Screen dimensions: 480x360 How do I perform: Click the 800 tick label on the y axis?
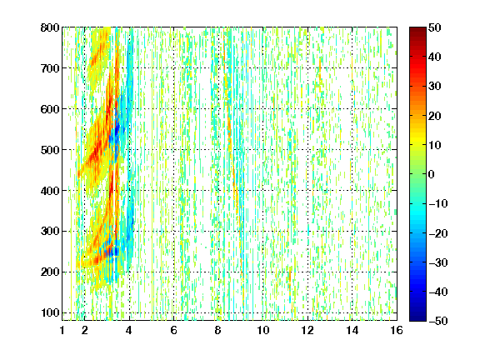[x=50, y=27]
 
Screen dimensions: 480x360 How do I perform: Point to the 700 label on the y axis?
[x=50, y=68]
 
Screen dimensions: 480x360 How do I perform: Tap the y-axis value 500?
[x=50, y=150]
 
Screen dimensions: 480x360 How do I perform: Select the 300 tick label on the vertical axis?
[x=50, y=232]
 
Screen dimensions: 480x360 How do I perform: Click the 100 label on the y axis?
[x=50, y=312]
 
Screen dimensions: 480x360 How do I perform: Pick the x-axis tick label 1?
[x=62, y=330]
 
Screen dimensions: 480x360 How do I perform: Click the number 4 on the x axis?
[x=129, y=330]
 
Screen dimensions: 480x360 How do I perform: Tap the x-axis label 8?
[x=218, y=330]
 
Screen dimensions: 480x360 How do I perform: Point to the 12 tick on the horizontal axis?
[x=307, y=330]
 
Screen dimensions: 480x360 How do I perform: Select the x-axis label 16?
[x=397, y=330]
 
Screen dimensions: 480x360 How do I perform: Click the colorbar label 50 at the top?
[x=434, y=27]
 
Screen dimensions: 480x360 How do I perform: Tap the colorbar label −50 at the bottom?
[x=438, y=321]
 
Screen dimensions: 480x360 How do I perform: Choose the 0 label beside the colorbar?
[x=432, y=174]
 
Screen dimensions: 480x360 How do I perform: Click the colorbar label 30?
[x=434, y=87]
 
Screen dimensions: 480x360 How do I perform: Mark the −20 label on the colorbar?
[x=438, y=233]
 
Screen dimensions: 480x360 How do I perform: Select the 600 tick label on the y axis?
[x=50, y=109]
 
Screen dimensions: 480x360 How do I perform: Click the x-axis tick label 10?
[x=262, y=330]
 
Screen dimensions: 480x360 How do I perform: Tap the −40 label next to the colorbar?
[x=438, y=292]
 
